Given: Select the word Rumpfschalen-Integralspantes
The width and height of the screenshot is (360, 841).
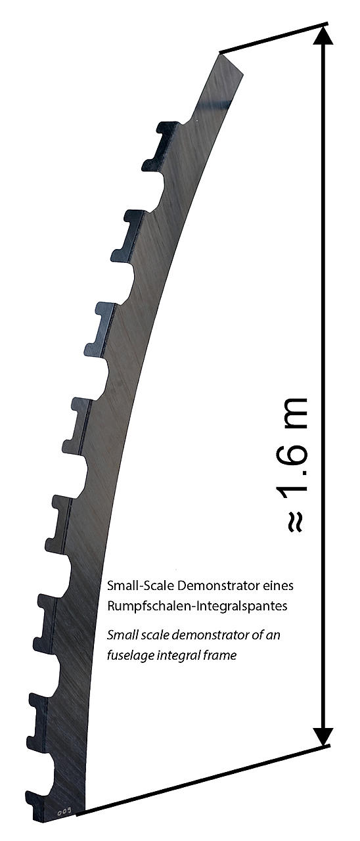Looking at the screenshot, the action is (x=197, y=606).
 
